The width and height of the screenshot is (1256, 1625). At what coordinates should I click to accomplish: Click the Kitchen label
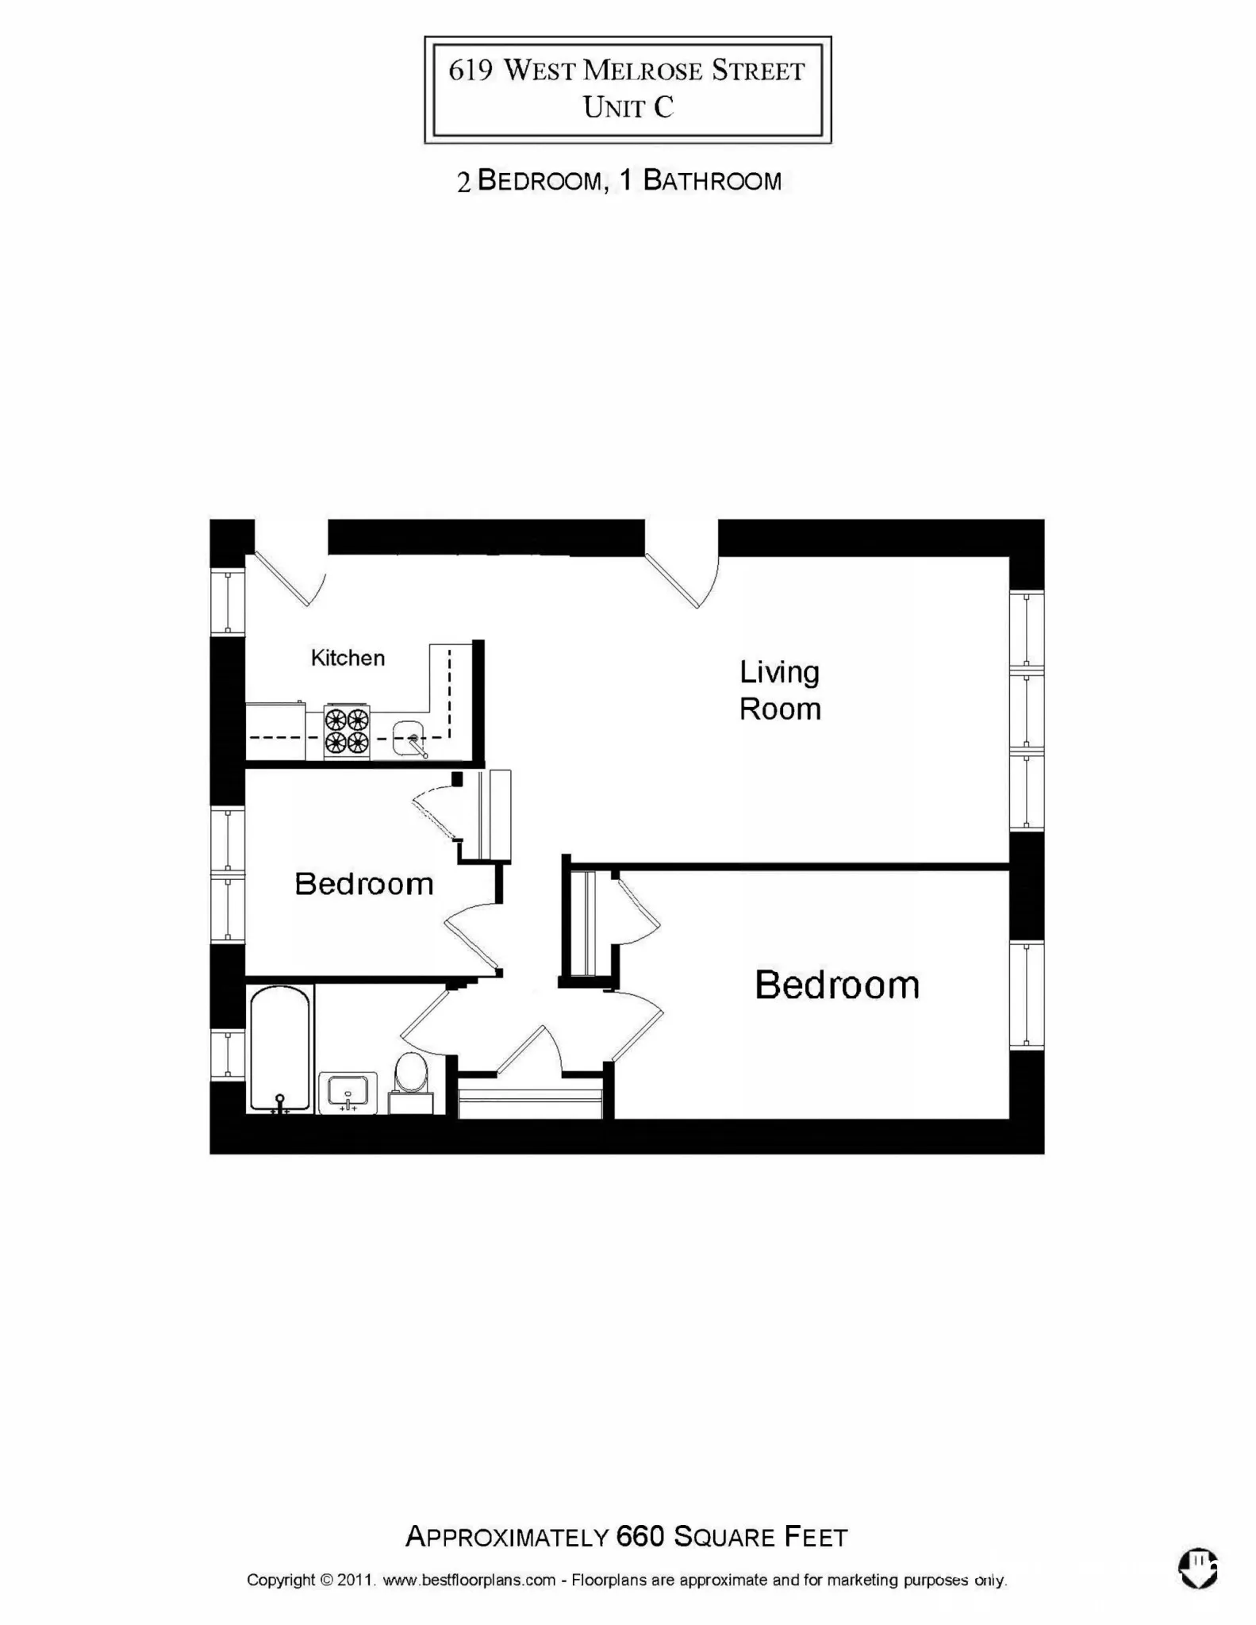coord(348,658)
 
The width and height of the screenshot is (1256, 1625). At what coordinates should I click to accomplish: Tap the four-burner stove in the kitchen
coord(347,731)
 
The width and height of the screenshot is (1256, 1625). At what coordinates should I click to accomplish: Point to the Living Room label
coord(780,690)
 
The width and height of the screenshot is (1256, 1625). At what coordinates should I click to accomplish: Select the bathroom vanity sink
coord(348,1092)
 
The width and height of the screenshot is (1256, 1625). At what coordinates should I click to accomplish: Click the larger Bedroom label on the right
coord(837,985)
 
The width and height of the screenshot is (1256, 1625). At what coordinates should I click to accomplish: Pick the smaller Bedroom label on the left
coord(364,884)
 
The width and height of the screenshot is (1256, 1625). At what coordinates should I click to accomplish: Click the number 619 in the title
coord(471,71)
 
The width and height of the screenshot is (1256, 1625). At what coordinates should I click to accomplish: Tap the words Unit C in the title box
coord(628,107)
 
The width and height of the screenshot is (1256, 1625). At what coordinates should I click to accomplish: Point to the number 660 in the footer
coord(640,1537)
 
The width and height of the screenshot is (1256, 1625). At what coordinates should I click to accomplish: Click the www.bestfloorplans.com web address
coord(469,1580)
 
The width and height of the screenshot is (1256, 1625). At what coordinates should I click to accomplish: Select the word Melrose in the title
coord(643,71)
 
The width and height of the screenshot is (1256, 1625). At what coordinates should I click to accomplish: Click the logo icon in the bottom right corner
coord(1198,1569)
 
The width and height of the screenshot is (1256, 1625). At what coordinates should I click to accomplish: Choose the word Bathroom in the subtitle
coord(712,181)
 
